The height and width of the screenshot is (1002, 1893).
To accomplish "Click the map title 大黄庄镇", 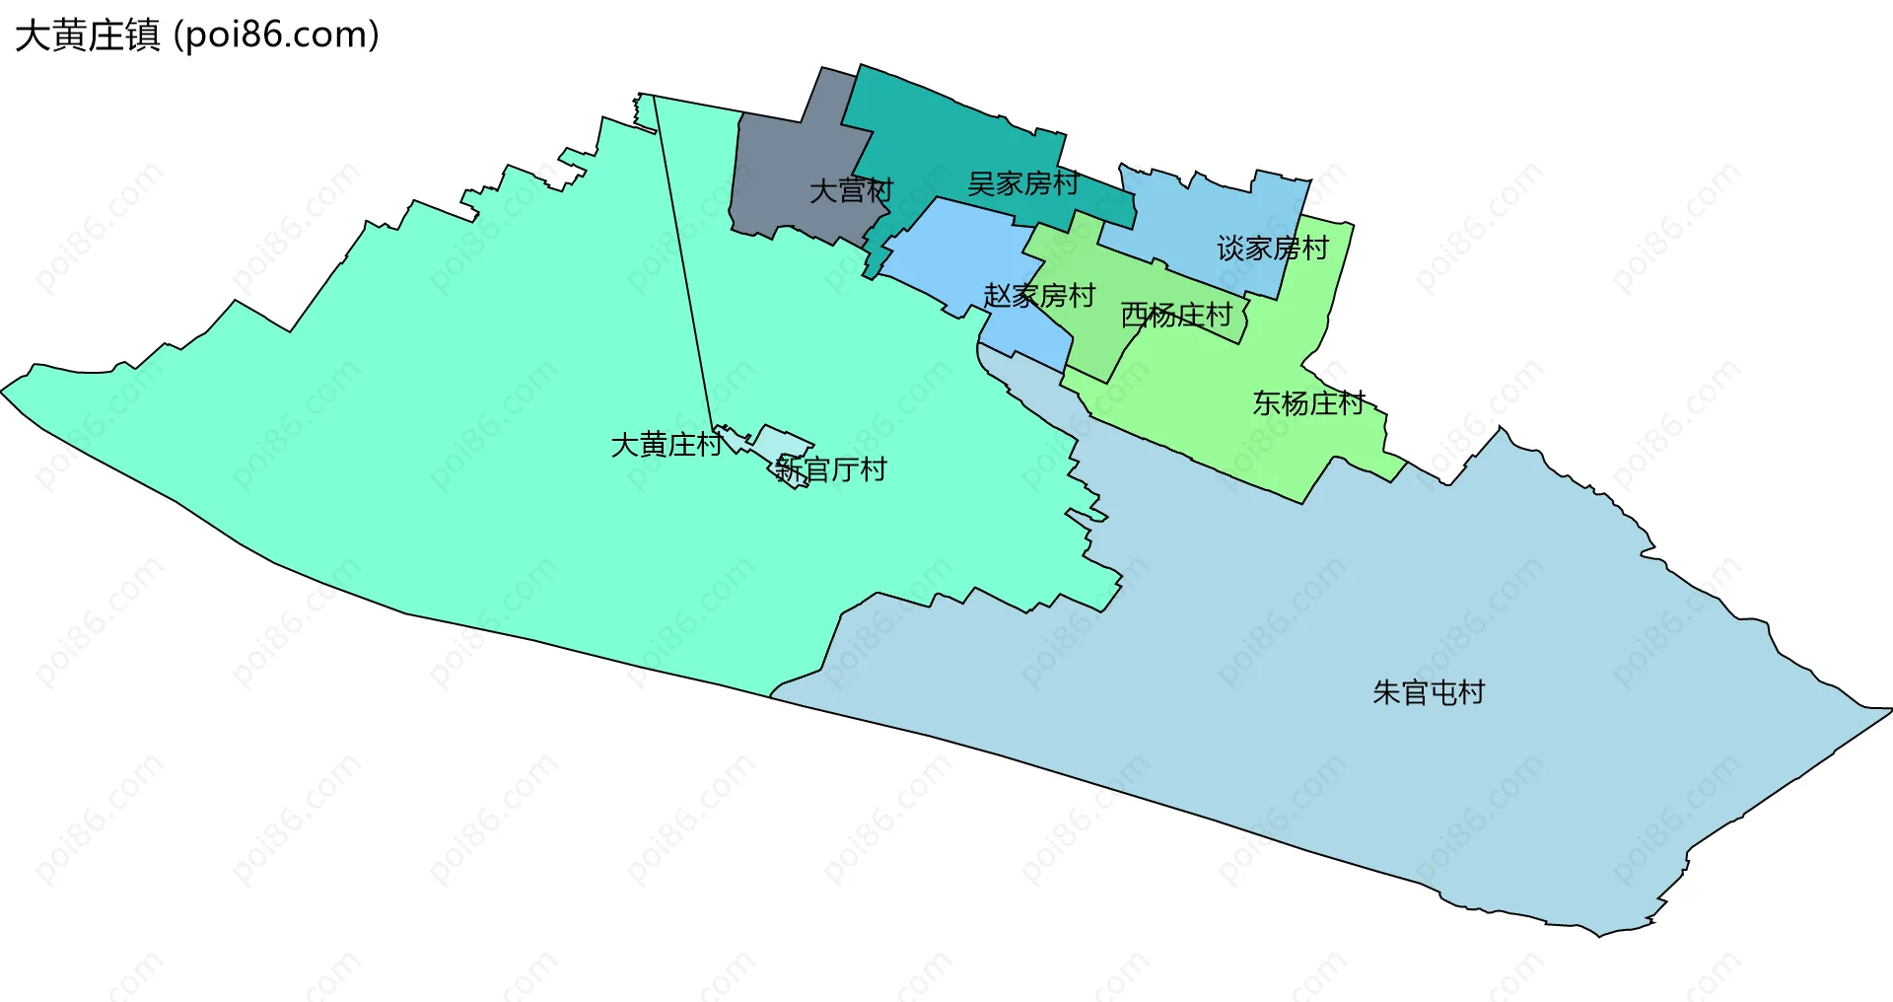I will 87,36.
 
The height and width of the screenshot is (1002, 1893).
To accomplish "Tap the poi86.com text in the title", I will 276,36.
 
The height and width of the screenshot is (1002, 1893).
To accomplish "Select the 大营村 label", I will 851,190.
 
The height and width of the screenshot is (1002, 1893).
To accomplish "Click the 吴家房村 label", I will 1022,183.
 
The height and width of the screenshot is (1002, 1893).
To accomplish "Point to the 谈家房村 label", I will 1273,249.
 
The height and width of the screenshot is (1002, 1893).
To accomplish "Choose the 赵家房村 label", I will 1039,296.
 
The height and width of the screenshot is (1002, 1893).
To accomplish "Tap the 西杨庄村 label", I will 1176,316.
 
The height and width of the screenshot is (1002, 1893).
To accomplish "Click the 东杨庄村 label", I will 1308,403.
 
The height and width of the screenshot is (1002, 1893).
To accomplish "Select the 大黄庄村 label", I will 666,445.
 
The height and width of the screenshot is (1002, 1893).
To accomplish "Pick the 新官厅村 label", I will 831,469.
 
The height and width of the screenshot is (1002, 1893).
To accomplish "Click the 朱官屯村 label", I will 1429,692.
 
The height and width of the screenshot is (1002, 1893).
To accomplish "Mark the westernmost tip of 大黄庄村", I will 4,391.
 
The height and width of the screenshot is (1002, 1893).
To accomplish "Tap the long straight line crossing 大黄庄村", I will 683,266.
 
